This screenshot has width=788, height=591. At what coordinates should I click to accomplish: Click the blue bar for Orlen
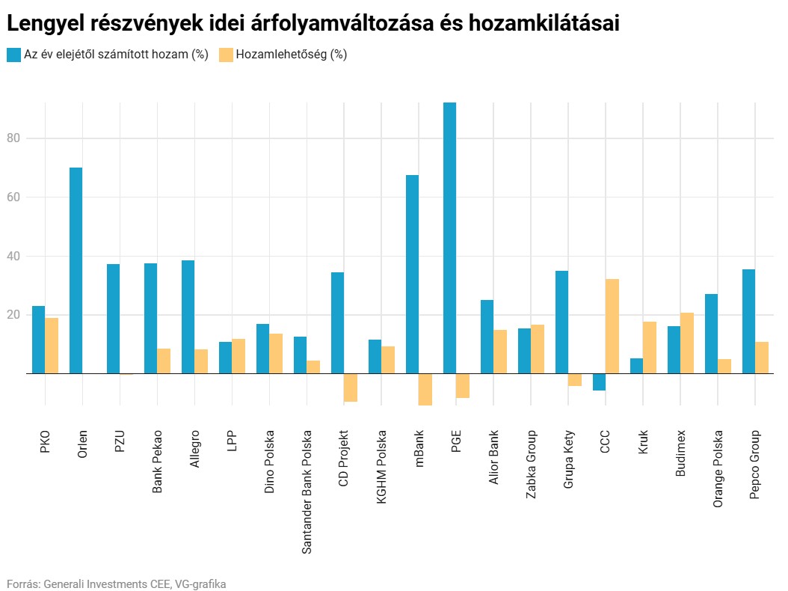coord(76,270)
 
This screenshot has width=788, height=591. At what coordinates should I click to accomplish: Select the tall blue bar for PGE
coord(449,238)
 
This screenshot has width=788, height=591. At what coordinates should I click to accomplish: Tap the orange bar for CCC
coord(612,326)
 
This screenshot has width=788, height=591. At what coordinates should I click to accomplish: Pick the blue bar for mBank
coord(412,274)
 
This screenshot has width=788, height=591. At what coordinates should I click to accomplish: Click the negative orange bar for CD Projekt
coord(351,388)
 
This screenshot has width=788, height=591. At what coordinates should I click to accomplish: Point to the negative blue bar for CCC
coord(599,382)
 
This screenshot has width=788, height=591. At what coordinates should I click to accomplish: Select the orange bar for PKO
coord(52,346)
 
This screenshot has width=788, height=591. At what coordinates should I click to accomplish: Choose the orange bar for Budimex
coord(687,343)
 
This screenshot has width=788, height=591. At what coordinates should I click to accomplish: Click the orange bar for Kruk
coord(650,347)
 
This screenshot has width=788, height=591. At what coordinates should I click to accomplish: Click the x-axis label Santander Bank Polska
coord(307,492)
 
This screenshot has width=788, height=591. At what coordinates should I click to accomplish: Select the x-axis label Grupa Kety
coord(568,459)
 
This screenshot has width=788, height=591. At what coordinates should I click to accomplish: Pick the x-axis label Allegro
coord(194,449)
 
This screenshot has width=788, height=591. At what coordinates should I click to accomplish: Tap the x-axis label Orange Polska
coord(718,468)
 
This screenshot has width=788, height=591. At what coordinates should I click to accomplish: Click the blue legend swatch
coord(13,55)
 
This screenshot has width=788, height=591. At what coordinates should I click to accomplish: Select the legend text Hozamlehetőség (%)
coord(291,55)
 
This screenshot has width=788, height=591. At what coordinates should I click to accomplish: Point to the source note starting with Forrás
coord(116,584)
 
